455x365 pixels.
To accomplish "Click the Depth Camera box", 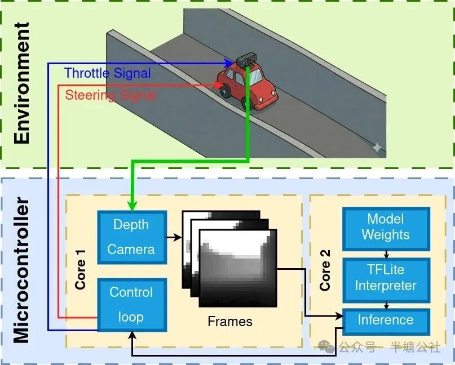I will (x=131, y=237).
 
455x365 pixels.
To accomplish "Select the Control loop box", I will (x=131, y=305).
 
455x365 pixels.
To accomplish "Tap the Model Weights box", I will (x=386, y=226).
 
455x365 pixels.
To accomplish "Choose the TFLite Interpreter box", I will (x=386, y=278).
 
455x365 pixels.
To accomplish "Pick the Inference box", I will (x=386, y=321).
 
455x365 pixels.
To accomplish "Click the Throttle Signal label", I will (x=107, y=73).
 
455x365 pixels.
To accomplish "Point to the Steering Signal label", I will (x=111, y=95).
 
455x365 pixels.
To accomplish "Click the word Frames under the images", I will (x=230, y=322).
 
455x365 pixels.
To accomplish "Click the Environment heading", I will (x=21, y=83).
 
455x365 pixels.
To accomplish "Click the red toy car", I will (x=248, y=87).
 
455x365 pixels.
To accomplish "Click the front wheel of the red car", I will (x=248, y=103).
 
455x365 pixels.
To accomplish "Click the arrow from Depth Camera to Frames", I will (x=174, y=237).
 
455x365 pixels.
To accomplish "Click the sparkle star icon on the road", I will (x=376, y=148).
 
